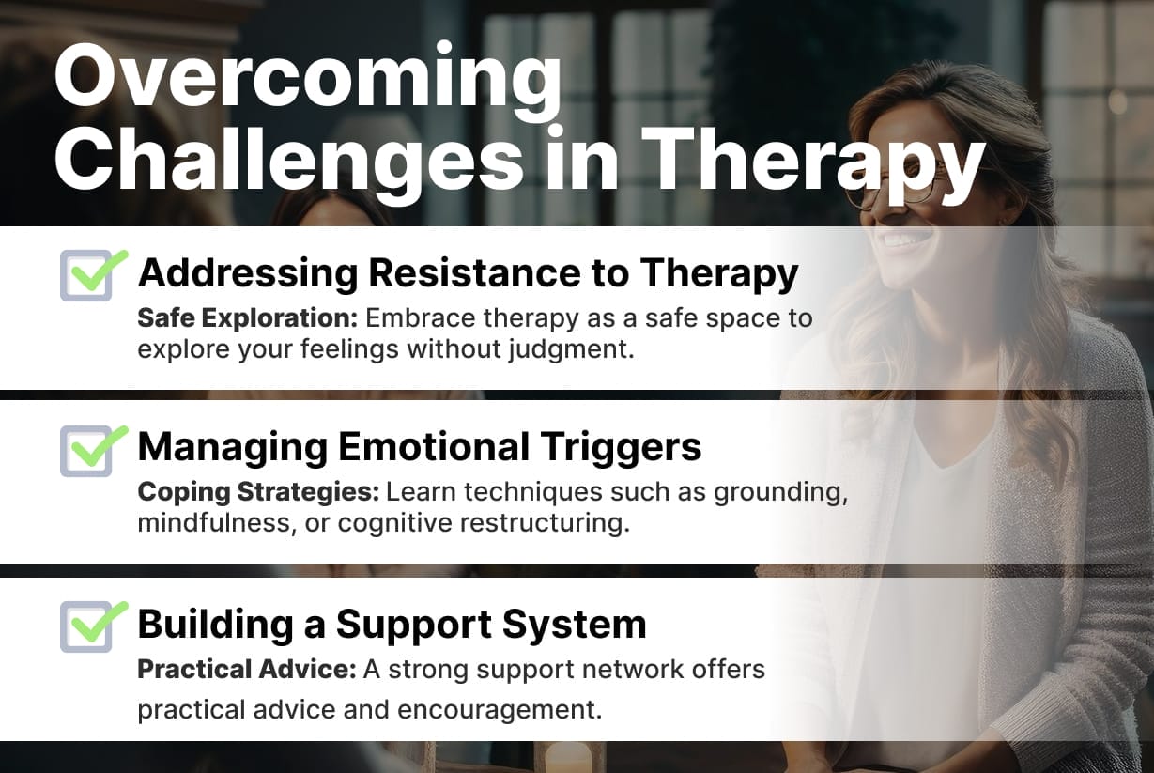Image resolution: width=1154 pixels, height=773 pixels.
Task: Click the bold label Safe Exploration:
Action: click(x=247, y=317)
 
